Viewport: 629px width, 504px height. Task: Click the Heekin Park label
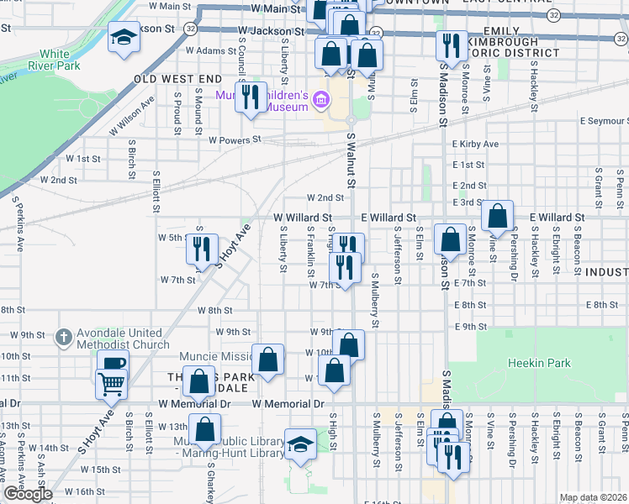[x=539, y=364]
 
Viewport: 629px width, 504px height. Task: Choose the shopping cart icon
[x=113, y=385]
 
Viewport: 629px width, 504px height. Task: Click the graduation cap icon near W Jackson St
[x=124, y=38]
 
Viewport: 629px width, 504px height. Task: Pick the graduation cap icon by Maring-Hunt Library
[x=300, y=444]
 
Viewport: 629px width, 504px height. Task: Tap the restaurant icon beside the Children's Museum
[x=251, y=97]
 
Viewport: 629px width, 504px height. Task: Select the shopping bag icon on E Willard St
[x=498, y=216]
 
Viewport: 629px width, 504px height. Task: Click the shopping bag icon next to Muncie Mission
[x=268, y=360]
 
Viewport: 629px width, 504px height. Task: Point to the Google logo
[x=28, y=494]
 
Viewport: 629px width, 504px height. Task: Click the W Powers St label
[x=235, y=139]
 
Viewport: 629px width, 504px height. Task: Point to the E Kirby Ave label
[x=475, y=144]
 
